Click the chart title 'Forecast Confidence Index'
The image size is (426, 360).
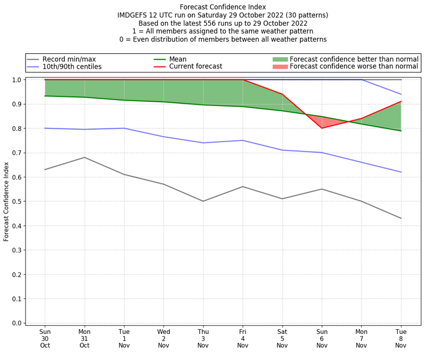[x=223, y=7]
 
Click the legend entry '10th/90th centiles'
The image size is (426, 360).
[x=72, y=67]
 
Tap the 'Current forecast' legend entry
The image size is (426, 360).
[x=195, y=67]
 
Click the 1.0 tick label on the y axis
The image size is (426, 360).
[x=17, y=80]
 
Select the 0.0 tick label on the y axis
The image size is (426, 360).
[x=17, y=323]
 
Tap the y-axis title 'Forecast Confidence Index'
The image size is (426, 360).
[x=6, y=201]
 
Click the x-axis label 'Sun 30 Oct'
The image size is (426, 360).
[x=45, y=338]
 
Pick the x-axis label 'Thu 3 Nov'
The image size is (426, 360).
[x=203, y=338]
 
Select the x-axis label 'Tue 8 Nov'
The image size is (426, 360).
[x=401, y=338]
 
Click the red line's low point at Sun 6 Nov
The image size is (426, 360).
[x=322, y=128]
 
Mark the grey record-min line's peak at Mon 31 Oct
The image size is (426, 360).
[x=84, y=157]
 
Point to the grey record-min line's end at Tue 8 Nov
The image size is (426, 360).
[x=401, y=218]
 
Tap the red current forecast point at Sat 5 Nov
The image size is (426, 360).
[x=282, y=94]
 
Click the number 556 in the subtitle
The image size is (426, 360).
[x=209, y=23]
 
